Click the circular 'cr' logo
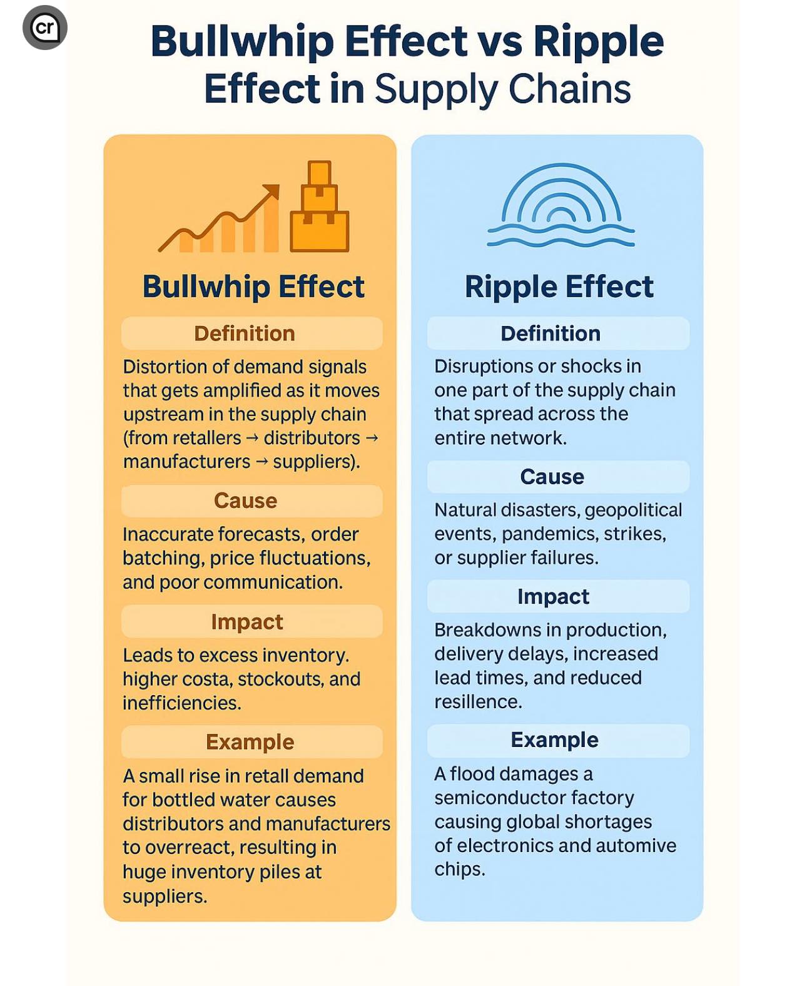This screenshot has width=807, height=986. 45,27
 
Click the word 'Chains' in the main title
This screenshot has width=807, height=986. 569,88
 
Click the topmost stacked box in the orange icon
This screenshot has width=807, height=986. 319,173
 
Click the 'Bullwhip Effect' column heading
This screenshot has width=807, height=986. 253,286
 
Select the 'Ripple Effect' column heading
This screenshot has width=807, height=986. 559,286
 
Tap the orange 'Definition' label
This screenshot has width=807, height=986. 245,333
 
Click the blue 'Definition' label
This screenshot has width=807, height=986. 551,333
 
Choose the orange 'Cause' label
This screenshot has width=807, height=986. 245,501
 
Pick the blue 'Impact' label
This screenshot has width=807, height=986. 553,597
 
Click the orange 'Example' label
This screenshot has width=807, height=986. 250,742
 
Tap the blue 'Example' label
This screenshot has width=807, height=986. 554,739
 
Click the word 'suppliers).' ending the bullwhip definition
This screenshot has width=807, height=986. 317,462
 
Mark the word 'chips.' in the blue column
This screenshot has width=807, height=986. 460,870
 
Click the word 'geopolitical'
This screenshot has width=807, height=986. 634,511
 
